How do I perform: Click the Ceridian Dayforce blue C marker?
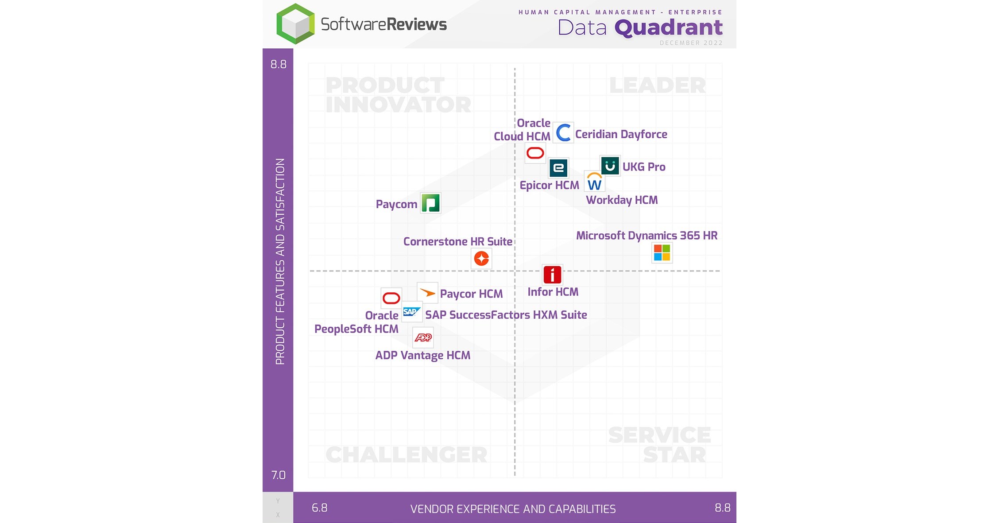563,132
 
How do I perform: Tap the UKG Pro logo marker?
610,166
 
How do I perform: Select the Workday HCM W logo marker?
594,182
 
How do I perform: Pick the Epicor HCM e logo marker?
558,168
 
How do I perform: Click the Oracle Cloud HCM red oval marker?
535,153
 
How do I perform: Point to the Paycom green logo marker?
430,203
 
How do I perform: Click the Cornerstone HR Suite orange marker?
481,258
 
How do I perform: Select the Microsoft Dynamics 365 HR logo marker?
662,253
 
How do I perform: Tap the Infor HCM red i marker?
552,275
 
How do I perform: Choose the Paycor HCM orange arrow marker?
427,293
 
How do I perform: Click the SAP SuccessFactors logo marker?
412,312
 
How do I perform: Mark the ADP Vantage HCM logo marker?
423,337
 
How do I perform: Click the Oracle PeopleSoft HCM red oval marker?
391,298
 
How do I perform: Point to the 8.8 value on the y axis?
279,65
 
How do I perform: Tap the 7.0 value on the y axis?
279,475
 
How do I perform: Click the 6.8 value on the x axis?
320,508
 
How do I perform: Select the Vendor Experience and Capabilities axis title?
513,509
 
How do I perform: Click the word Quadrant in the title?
669,27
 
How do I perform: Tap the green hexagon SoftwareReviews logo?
295,24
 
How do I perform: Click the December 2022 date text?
691,43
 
